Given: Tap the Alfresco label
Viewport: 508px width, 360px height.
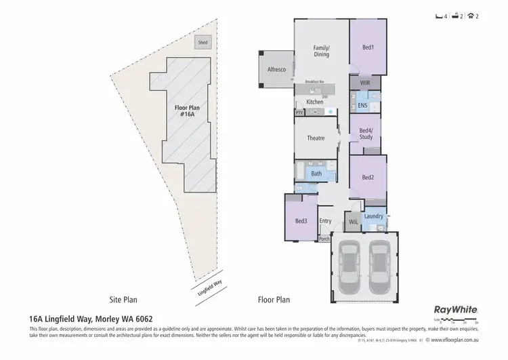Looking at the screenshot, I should (x=274, y=70).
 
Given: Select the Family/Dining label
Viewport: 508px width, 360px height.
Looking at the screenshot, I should (x=321, y=51).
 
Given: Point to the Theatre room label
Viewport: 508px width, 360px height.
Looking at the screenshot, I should (x=316, y=138).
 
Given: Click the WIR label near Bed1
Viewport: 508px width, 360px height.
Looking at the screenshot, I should (x=365, y=83).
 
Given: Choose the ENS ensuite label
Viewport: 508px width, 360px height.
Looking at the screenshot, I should (x=362, y=106).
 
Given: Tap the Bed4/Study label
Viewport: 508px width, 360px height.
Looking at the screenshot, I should (x=366, y=134).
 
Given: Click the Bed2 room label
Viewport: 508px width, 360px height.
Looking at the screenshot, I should (x=368, y=178).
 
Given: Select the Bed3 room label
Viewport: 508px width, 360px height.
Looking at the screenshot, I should (x=301, y=221).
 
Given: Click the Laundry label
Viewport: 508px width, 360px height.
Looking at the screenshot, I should (x=373, y=216).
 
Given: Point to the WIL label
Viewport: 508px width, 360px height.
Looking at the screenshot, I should (x=353, y=222).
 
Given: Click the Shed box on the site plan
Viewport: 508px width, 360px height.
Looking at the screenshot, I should (x=203, y=43).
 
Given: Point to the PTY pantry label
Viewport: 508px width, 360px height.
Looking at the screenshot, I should (x=299, y=113).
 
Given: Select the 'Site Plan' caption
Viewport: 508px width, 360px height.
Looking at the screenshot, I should (x=124, y=298).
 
